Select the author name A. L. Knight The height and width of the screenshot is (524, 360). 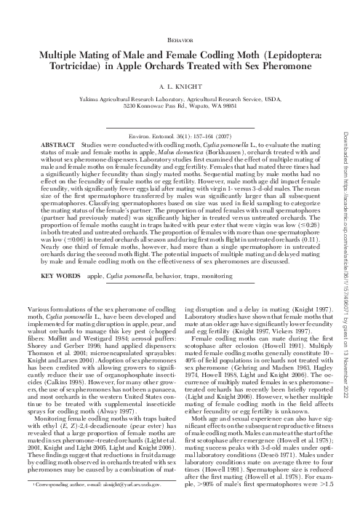(x=180, y=86)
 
